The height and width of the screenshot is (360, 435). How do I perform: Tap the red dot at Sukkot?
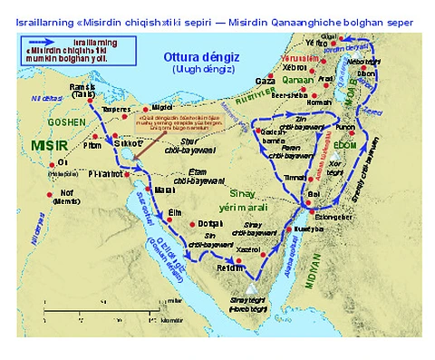click(x=115, y=142)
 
